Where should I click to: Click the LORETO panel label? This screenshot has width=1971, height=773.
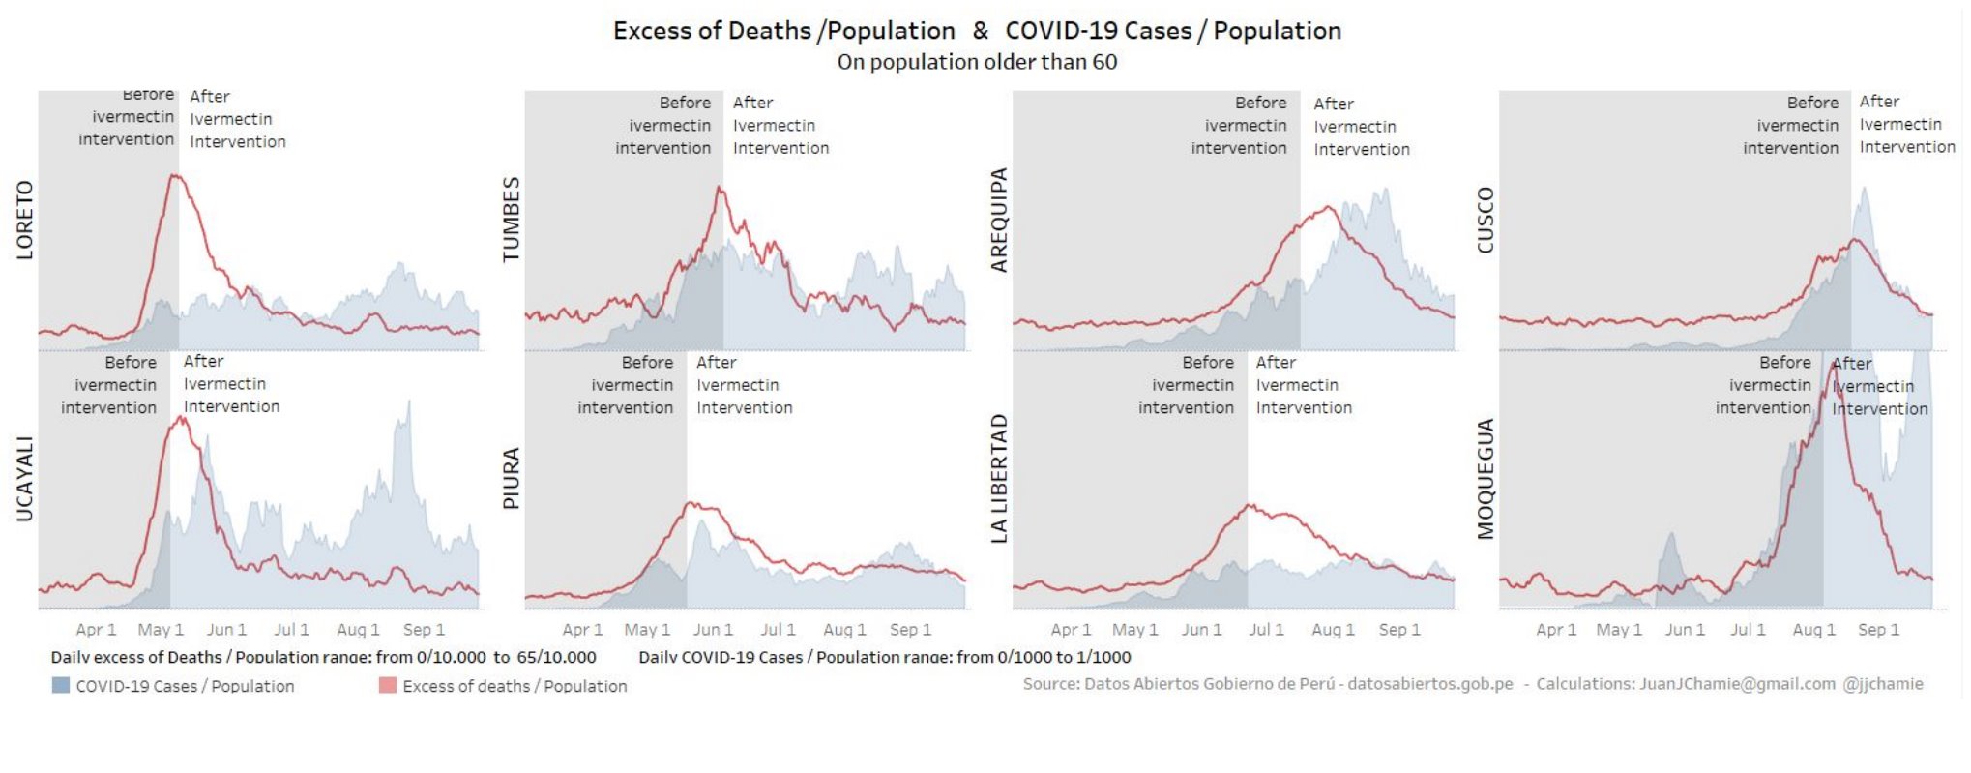25,221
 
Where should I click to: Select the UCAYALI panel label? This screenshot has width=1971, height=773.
25,480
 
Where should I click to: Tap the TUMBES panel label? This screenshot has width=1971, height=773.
512,220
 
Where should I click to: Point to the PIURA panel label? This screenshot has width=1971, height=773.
512,478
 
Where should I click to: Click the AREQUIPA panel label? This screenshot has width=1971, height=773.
999,221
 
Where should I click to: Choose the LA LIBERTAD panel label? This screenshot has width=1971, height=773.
999,479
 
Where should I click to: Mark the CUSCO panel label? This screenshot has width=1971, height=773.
1486,221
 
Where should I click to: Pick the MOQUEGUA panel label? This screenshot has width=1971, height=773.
1486,479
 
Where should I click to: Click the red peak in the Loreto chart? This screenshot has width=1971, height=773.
174,176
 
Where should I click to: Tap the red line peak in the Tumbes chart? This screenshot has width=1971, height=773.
720,188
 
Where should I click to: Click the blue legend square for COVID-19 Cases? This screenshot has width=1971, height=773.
61,685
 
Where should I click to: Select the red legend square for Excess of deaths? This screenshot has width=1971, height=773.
388,685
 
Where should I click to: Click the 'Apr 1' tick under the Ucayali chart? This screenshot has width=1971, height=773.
96,630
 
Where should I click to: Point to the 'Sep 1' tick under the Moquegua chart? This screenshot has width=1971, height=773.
1878,630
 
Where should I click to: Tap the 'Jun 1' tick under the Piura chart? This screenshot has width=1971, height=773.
713,630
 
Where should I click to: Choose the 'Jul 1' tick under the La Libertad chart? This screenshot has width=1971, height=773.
1266,630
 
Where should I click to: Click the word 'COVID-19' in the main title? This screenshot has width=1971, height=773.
1050,31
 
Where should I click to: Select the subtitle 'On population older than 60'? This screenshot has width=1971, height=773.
977,62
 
